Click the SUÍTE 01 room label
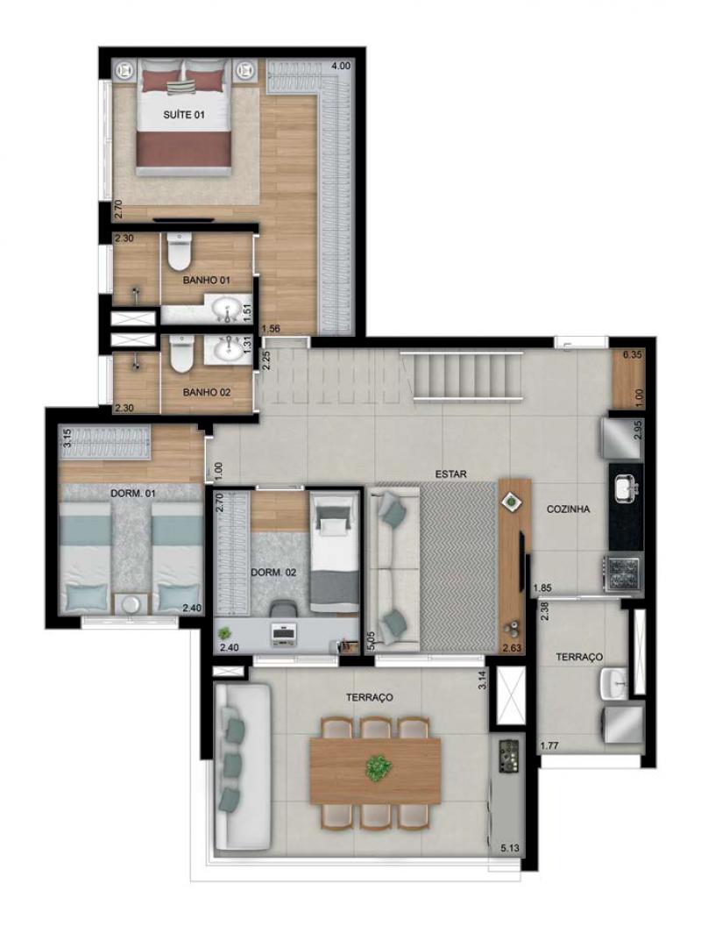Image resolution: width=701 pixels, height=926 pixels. coord(183,115)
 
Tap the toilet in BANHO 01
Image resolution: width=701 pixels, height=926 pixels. coord(179,251)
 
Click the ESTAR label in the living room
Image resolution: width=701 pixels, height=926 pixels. coord(450,474)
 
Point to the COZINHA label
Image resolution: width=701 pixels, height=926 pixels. coord(568,509)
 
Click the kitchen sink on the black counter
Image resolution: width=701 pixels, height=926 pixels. coord(626,489)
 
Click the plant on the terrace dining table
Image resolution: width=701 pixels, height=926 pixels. coord(379,768)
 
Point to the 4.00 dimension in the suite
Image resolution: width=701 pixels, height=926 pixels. coord(341,66)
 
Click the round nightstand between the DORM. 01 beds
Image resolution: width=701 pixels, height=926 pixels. coord(131,603)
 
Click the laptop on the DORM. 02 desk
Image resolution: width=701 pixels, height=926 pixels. coord(286,635)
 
